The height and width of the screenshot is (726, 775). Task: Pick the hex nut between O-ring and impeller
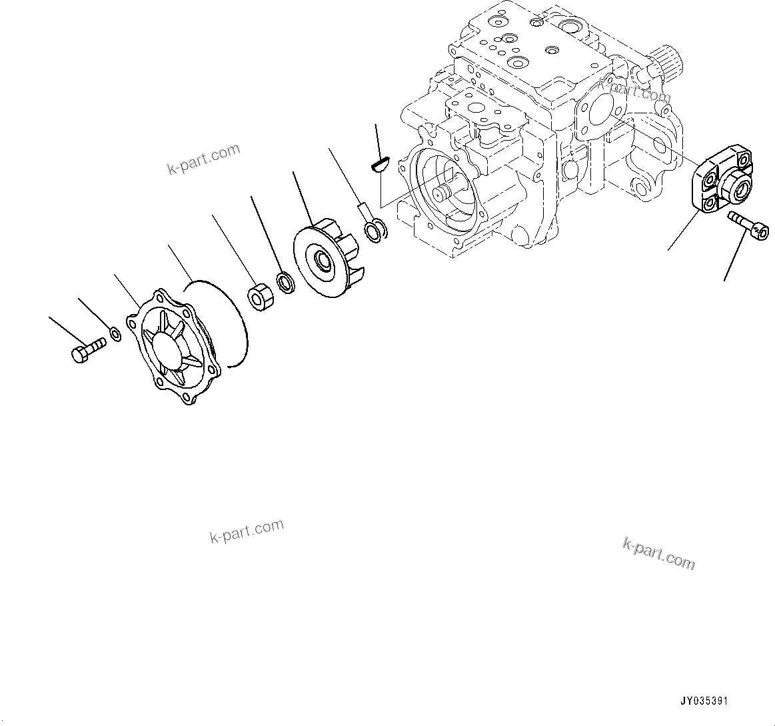(x=258, y=296)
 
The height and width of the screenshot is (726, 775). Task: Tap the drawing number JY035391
(x=704, y=701)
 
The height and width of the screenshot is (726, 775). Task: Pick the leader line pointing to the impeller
(x=303, y=197)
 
